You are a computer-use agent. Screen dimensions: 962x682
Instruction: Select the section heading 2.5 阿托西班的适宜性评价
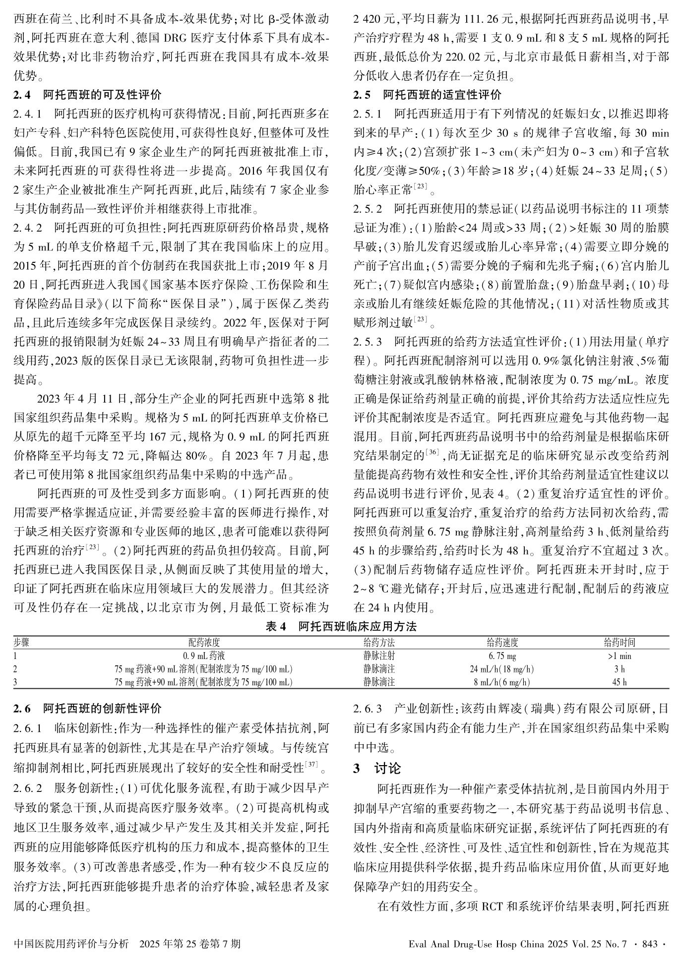427,95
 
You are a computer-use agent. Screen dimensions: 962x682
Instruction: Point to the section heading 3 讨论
376,769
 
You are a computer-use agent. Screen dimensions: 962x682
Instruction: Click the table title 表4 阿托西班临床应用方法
341,626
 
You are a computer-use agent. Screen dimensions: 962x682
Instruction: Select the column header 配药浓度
203,643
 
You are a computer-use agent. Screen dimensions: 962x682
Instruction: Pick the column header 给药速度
502,643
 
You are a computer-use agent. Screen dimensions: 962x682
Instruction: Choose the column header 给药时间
619,643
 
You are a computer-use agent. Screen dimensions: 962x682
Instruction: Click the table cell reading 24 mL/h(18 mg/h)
502,669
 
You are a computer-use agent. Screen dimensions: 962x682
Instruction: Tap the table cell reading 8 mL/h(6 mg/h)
502,682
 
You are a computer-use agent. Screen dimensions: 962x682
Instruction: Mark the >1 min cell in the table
619,656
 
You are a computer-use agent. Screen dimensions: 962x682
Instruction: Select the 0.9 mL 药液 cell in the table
203,656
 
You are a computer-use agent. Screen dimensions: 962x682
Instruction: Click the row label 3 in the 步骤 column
15,682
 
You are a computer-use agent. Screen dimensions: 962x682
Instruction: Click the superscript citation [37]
312,765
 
